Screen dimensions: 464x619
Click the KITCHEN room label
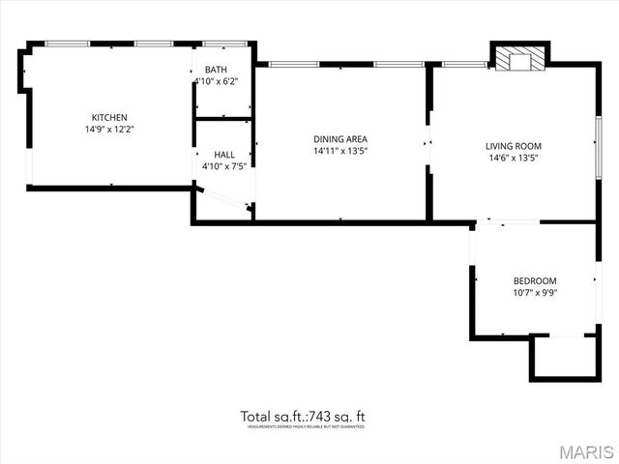point(109,117)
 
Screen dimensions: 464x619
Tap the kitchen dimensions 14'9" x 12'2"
point(109,129)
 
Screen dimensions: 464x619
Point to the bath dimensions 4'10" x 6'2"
point(217,82)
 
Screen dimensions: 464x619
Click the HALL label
point(224,155)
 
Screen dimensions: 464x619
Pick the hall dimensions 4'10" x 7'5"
point(224,166)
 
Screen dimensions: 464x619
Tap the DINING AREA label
point(339,138)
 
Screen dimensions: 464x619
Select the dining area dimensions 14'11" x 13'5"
point(339,151)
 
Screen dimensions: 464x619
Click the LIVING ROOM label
point(513,146)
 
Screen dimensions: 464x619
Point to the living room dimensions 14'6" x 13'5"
point(513,158)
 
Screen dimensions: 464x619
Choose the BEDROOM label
point(535,281)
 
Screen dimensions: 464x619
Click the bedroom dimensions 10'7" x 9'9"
point(535,293)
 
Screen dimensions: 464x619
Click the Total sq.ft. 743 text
point(303,417)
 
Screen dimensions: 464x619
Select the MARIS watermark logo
point(577,451)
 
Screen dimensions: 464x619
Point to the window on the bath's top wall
point(224,44)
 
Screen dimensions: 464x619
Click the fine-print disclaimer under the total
point(305,426)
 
